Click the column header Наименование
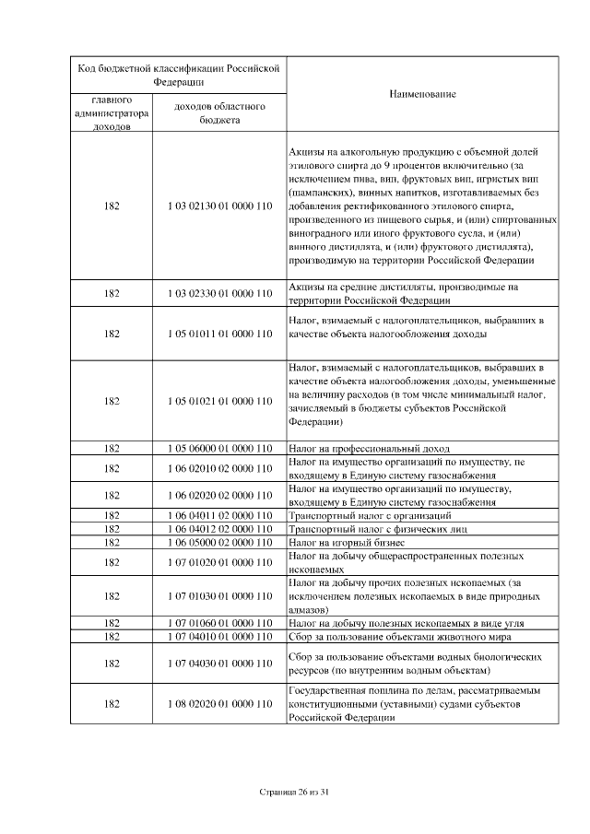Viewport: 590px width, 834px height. (422, 94)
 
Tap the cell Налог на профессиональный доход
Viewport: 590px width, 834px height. (360, 448)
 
